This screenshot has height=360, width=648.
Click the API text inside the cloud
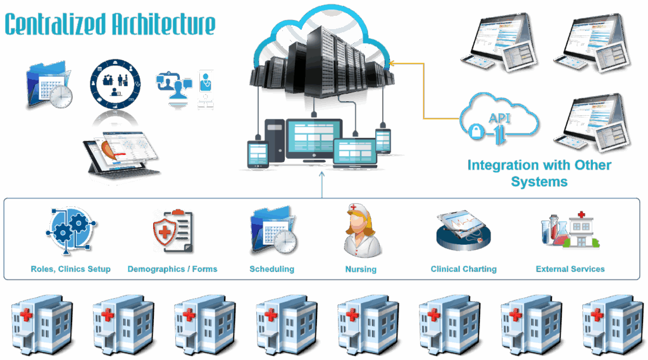coord(500,118)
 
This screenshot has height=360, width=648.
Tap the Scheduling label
coord(272,269)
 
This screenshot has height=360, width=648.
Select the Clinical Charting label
coord(463,269)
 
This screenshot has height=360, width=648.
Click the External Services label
coord(570,269)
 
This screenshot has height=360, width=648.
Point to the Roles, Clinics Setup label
coord(71,269)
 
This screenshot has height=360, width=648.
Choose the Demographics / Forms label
coord(172,269)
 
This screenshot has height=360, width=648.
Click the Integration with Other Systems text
coord(540,173)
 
